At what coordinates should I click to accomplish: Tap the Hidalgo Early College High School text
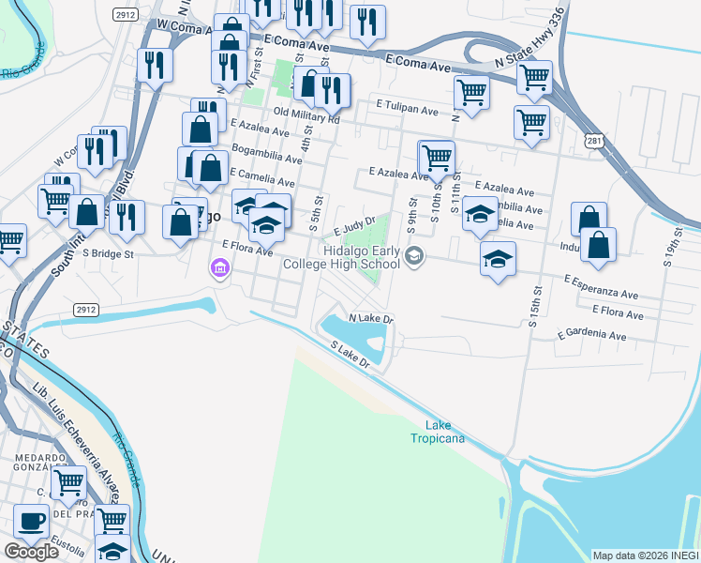pyautogui.click(x=361, y=257)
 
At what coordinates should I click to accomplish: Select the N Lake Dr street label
pyautogui.click(x=371, y=319)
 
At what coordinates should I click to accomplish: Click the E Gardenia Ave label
pyautogui.click(x=591, y=335)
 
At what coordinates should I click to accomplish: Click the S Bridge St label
pyautogui.click(x=109, y=252)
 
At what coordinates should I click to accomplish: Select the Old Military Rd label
pyautogui.click(x=306, y=115)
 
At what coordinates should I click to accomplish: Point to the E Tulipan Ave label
pyautogui.click(x=408, y=110)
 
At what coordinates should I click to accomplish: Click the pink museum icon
pyautogui.click(x=220, y=270)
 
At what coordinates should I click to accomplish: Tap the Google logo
pyautogui.click(x=32, y=552)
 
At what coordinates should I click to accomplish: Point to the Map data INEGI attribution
pyautogui.click(x=646, y=555)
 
